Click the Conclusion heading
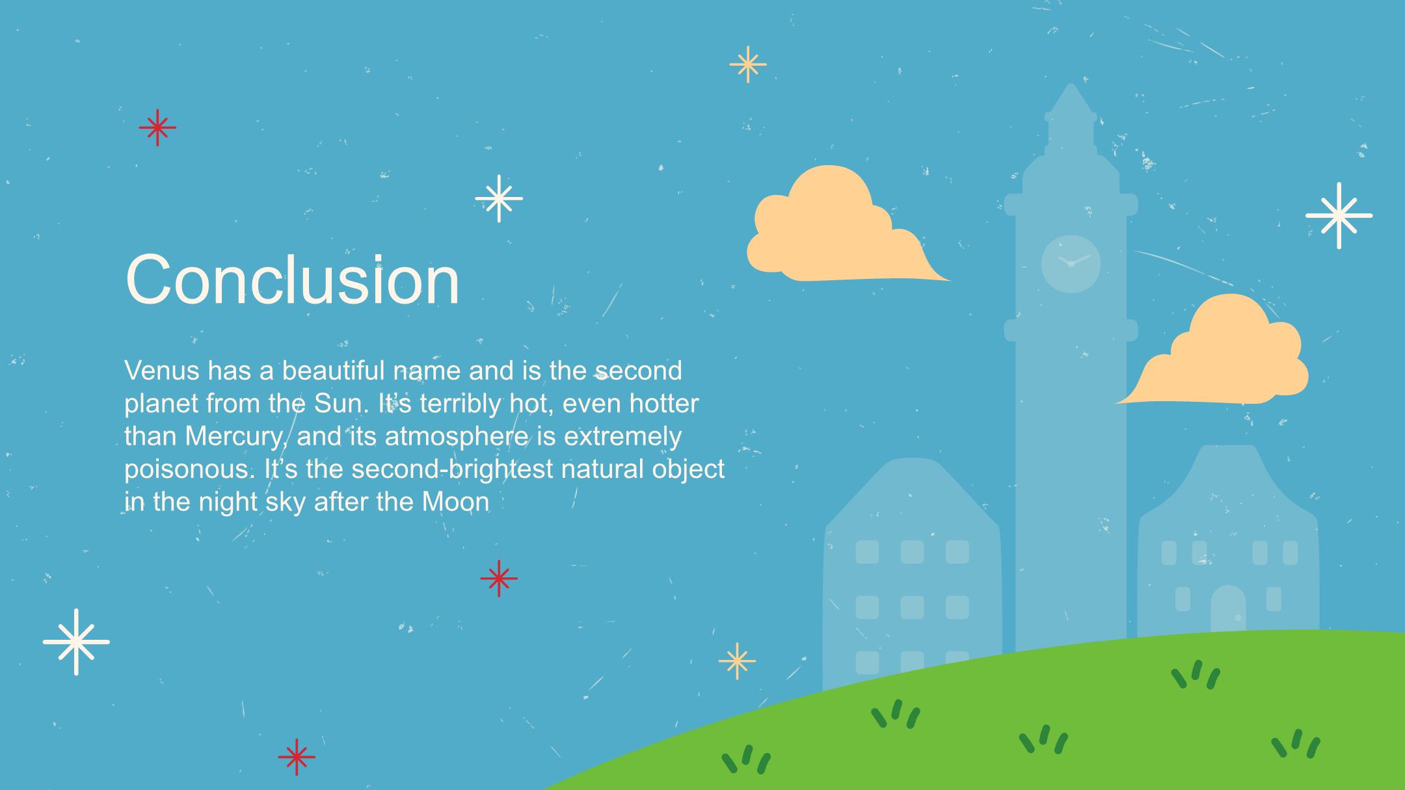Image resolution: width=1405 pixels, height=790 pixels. pyautogui.click(x=293, y=280)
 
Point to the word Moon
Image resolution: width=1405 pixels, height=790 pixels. pyautogui.click(x=455, y=501)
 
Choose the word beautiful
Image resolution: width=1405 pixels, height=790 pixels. pyautogui.click(x=334, y=371)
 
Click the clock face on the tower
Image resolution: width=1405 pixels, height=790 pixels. pyautogui.click(x=1071, y=263)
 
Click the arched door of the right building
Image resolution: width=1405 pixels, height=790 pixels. pyautogui.click(x=1228, y=608)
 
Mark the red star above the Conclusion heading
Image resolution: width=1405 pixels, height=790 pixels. pyautogui.click(x=157, y=127)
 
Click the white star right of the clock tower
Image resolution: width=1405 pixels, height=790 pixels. pyautogui.click(x=1339, y=215)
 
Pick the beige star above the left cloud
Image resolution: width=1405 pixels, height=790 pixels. pyautogui.click(x=748, y=64)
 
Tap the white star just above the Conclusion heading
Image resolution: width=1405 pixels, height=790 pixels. pyautogui.click(x=499, y=198)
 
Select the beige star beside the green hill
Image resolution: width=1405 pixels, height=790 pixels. pyautogui.click(x=737, y=661)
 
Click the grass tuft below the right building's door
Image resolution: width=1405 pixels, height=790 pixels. pyautogui.click(x=1196, y=674)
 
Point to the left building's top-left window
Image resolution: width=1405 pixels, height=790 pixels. pyautogui.click(x=867, y=552)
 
